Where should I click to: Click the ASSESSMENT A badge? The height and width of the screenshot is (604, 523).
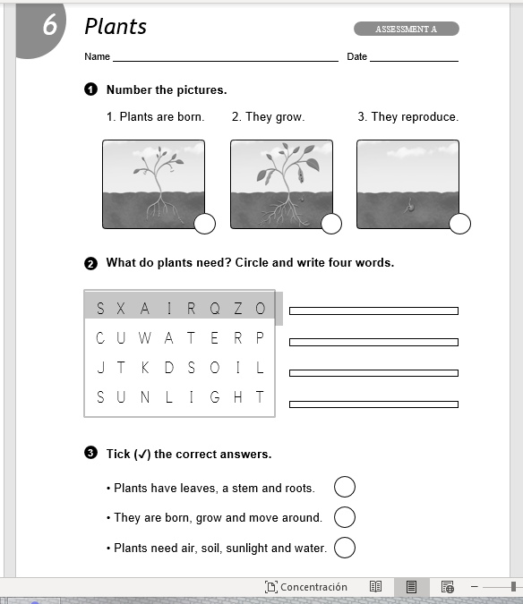click(407, 29)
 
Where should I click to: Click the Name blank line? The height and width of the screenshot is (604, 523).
click(226, 61)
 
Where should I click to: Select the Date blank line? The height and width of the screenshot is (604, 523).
click(414, 61)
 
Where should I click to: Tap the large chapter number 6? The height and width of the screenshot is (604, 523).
click(50, 25)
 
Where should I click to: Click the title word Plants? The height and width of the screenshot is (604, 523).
click(116, 27)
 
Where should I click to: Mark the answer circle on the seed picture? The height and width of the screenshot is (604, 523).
click(459, 224)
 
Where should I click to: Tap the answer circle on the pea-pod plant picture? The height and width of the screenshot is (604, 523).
click(331, 224)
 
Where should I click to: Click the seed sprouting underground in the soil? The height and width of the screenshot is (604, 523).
click(409, 207)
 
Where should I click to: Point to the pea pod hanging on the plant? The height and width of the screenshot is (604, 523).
click(301, 174)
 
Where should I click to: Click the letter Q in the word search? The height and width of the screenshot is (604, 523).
click(215, 309)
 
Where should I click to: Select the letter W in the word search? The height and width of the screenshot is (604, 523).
click(144, 338)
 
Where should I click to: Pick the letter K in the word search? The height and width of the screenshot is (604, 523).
click(145, 368)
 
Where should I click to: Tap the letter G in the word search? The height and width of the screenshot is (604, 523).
click(215, 396)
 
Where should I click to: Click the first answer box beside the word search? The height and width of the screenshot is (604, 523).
click(373, 311)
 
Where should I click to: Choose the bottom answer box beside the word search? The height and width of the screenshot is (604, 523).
click(373, 404)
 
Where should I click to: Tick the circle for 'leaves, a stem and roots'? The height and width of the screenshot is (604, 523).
click(345, 487)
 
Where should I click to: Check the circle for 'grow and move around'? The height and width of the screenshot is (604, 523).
click(345, 517)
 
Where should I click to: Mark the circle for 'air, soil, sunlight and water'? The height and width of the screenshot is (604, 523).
click(345, 548)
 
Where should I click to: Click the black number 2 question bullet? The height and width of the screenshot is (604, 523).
click(90, 264)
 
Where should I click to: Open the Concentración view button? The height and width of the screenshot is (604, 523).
click(306, 587)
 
